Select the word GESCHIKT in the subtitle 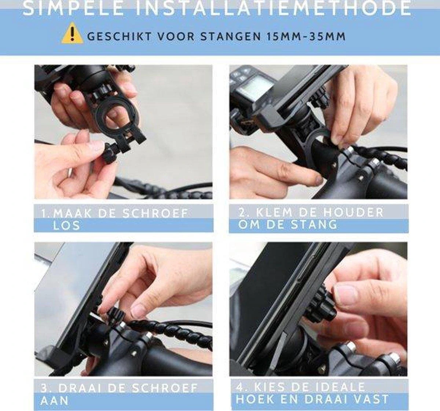(x=118, y=37)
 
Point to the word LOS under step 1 (x=66, y=225)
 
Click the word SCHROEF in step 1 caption (x=155, y=213)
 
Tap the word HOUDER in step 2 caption (x=353, y=213)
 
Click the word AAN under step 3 (x=55, y=400)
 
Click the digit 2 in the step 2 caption (x=242, y=213)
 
